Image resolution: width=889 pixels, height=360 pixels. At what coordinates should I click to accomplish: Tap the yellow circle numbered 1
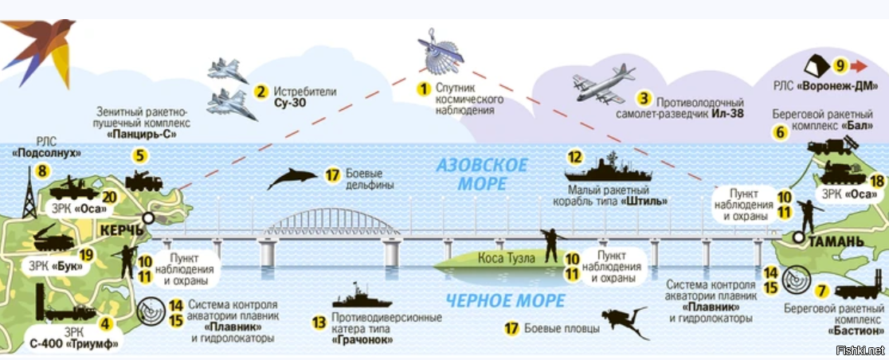click(x=424, y=88)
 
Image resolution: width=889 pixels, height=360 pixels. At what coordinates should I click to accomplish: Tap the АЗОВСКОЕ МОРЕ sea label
click(x=482, y=174)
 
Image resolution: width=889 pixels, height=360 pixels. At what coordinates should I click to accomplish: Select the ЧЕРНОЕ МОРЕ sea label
click(x=495, y=301)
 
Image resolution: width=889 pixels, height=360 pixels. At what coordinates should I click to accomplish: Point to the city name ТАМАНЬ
click(x=838, y=241)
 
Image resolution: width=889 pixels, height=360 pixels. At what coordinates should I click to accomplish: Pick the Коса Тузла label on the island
click(x=510, y=257)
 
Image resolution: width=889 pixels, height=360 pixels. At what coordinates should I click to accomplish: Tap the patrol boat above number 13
click(x=362, y=298)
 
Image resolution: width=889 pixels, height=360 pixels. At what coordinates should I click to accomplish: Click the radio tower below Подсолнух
click(x=29, y=197)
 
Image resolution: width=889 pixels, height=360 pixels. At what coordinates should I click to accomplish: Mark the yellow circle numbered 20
click(x=109, y=198)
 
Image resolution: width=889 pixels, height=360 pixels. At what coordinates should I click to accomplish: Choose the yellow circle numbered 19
click(x=87, y=256)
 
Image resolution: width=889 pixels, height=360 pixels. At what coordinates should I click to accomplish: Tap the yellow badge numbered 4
click(x=104, y=324)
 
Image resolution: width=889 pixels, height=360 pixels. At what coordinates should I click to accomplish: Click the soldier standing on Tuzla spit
click(x=549, y=245)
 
